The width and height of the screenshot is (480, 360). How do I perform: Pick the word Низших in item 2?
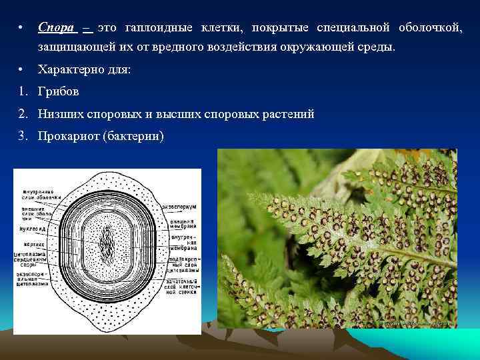coord(60,114)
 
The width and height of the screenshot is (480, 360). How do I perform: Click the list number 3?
coord(23,136)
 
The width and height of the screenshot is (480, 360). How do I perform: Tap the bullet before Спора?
coord(22,28)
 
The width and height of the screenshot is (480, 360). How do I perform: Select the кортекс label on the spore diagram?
coord(31,244)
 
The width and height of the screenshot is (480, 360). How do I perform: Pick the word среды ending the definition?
coord(378,49)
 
